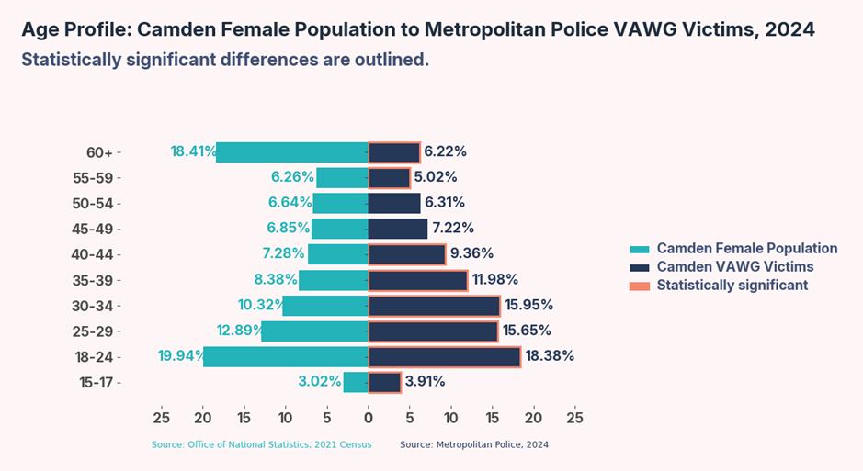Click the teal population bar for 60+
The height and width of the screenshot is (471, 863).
292,152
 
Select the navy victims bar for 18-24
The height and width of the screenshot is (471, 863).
445,357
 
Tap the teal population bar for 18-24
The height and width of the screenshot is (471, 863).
286,357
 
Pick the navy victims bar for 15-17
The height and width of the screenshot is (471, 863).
385,382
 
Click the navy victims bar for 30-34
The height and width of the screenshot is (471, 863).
435,306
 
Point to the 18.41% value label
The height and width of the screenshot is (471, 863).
193,151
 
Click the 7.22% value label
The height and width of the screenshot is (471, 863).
454,229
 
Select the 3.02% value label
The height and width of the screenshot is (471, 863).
319,382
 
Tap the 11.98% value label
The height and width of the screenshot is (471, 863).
495,280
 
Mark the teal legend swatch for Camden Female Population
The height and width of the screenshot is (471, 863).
640,250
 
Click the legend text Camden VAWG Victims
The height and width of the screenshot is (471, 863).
735,267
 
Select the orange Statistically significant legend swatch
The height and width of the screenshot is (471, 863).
640,286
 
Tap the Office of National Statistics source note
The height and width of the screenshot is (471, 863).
262,445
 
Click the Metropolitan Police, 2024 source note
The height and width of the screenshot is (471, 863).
474,445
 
